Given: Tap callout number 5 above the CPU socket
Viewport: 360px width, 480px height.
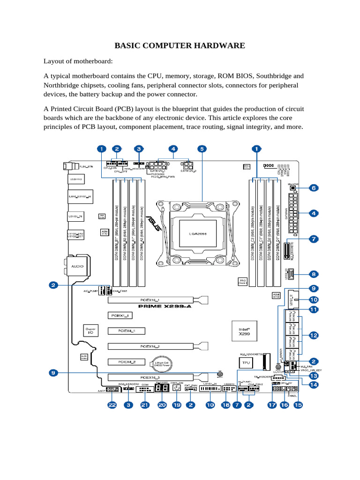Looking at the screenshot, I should point(202,149).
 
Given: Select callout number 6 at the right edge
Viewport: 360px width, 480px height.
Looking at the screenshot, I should point(313,188).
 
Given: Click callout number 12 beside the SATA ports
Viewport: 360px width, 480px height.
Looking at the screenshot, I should point(313,335).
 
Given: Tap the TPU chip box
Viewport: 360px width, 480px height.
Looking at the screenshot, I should point(244,363).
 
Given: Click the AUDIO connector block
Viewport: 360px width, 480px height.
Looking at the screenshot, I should point(77,266).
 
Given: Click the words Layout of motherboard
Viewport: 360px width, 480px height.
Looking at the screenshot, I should point(78,61).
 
